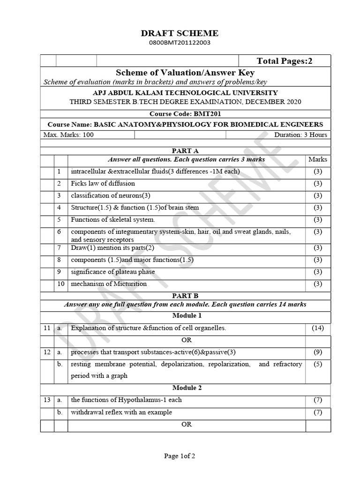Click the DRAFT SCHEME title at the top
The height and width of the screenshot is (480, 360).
point(180,33)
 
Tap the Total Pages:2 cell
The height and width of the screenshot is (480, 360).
point(284,61)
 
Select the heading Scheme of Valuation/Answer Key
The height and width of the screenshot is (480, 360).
point(186,72)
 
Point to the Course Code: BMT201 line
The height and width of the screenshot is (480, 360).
point(186,114)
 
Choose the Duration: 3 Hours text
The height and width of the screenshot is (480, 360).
point(301,135)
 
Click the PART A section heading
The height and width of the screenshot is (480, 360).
point(186,151)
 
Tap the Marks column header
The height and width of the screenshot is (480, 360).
point(318,159)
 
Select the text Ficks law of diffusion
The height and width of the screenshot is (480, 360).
point(103,183)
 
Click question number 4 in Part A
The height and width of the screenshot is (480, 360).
point(60,207)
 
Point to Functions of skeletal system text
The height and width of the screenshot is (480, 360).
point(112,219)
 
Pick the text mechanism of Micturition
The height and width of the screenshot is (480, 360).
point(109,284)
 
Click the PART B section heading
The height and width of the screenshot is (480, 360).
point(186,296)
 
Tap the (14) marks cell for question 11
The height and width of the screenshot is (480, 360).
point(318,328)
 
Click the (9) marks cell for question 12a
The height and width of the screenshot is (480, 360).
point(318,352)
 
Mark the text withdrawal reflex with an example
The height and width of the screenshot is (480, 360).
point(121,412)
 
